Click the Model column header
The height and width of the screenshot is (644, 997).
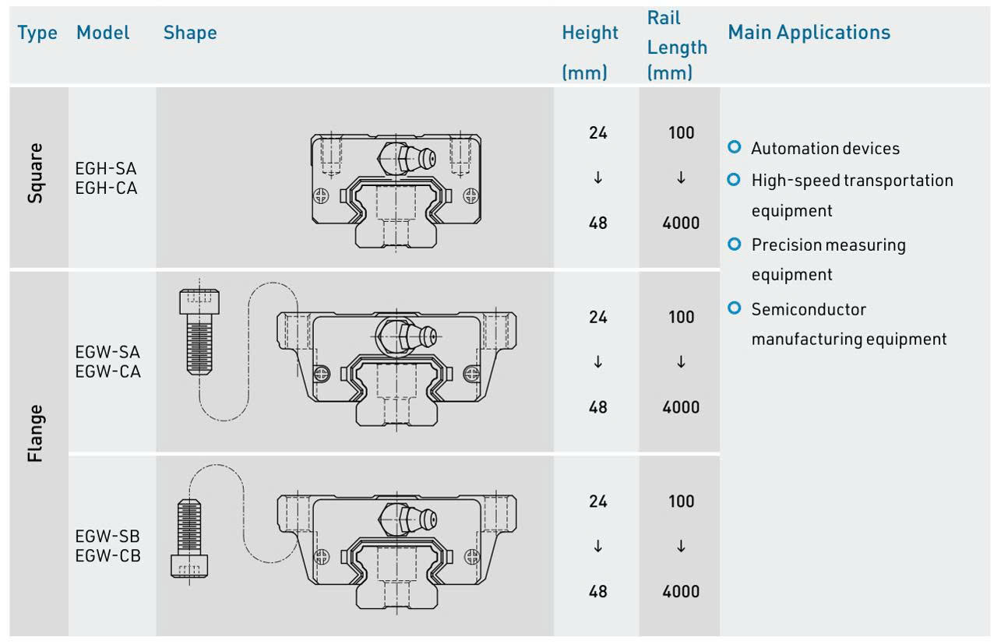click(x=103, y=33)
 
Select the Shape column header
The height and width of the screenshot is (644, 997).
click(x=190, y=33)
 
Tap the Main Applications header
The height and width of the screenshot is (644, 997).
click(x=809, y=33)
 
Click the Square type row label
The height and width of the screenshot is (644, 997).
click(x=35, y=173)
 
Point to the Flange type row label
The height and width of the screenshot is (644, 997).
click(x=35, y=433)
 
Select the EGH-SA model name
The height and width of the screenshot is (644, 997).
click(x=106, y=169)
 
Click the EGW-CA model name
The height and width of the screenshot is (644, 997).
click(x=107, y=371)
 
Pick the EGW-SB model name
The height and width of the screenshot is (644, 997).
click(x=107, y=537)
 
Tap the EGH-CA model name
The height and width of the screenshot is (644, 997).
click(x=106, y=188)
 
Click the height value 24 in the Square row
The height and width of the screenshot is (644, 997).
click(x=597, y=132)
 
